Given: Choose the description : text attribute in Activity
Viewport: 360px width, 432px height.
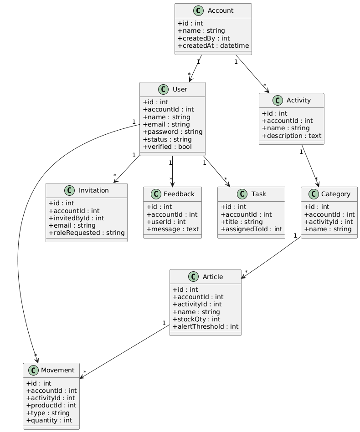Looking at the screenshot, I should (291, 136).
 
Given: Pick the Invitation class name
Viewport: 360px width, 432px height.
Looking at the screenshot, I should (93, 190).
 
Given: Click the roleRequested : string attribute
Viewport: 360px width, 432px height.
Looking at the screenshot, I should (86, 233).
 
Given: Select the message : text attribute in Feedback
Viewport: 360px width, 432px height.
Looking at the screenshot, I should (172, 229).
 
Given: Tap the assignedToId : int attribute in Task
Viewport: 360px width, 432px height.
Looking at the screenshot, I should (251, 229).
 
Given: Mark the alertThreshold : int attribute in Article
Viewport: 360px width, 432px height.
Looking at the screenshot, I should (205, 326).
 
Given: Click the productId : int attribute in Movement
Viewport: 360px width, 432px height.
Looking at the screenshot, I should (51, 405).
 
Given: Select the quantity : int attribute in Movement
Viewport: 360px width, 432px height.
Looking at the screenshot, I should (49, 420).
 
